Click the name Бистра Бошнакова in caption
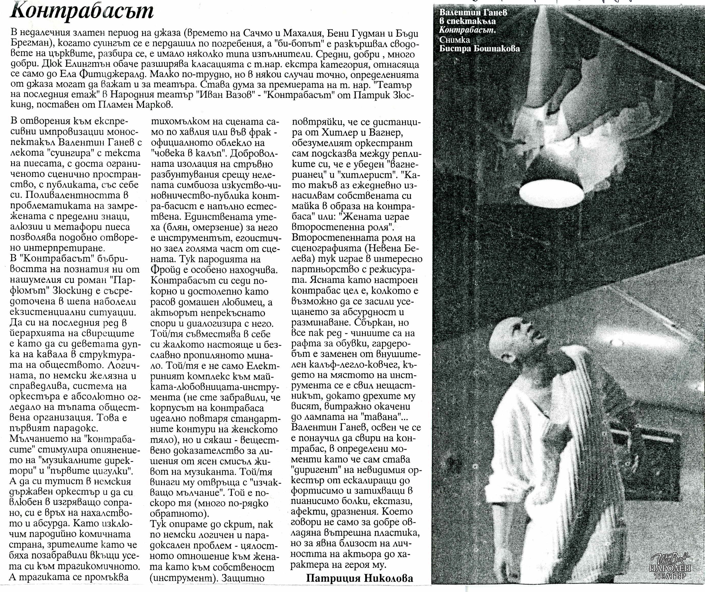(x=480, y=48)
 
